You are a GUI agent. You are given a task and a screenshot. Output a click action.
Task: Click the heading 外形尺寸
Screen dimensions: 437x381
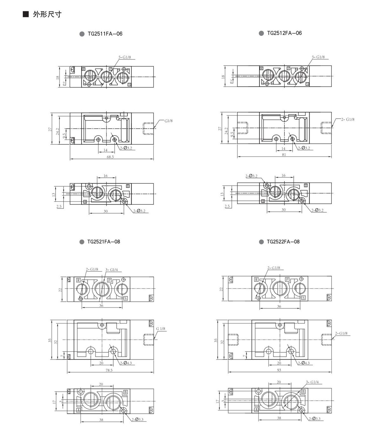click(47, 14)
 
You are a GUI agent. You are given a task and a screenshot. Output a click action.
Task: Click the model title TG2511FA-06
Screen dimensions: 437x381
click(105, 34)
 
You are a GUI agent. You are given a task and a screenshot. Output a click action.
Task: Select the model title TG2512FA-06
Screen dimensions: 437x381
click(284, 33)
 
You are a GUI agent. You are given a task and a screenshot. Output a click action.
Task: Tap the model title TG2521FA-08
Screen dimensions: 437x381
click(104, 242)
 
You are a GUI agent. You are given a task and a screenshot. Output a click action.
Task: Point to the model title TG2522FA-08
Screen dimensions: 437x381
click(283, 242)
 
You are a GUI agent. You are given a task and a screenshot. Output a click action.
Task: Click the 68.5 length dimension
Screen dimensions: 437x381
click(110, 157)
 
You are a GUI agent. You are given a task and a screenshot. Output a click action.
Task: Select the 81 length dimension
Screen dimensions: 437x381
click(284, 155)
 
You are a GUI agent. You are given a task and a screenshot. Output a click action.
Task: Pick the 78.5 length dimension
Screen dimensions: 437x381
click(109, 370)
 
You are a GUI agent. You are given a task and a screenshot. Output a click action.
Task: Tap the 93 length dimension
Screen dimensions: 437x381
click(279, 370)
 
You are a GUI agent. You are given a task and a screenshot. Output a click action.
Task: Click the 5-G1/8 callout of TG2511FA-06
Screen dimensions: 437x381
click(125, 57)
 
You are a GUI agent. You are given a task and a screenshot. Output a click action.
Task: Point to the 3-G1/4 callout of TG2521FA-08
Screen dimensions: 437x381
click(112, 270)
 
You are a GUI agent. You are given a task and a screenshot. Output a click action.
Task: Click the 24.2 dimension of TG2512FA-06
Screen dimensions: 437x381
click(226, 131)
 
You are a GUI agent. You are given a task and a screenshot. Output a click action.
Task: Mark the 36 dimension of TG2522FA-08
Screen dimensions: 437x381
click(279, 307)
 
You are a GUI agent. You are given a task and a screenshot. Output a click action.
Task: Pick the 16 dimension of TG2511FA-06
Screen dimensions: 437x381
click(105, 176)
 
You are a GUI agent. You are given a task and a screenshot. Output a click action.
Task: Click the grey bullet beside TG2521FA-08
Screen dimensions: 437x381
click(82, 242)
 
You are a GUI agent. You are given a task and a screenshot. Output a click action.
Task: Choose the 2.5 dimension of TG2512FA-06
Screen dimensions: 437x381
click(227, 206)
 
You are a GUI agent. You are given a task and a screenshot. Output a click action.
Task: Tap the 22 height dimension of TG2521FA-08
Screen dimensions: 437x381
click(60, 289)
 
